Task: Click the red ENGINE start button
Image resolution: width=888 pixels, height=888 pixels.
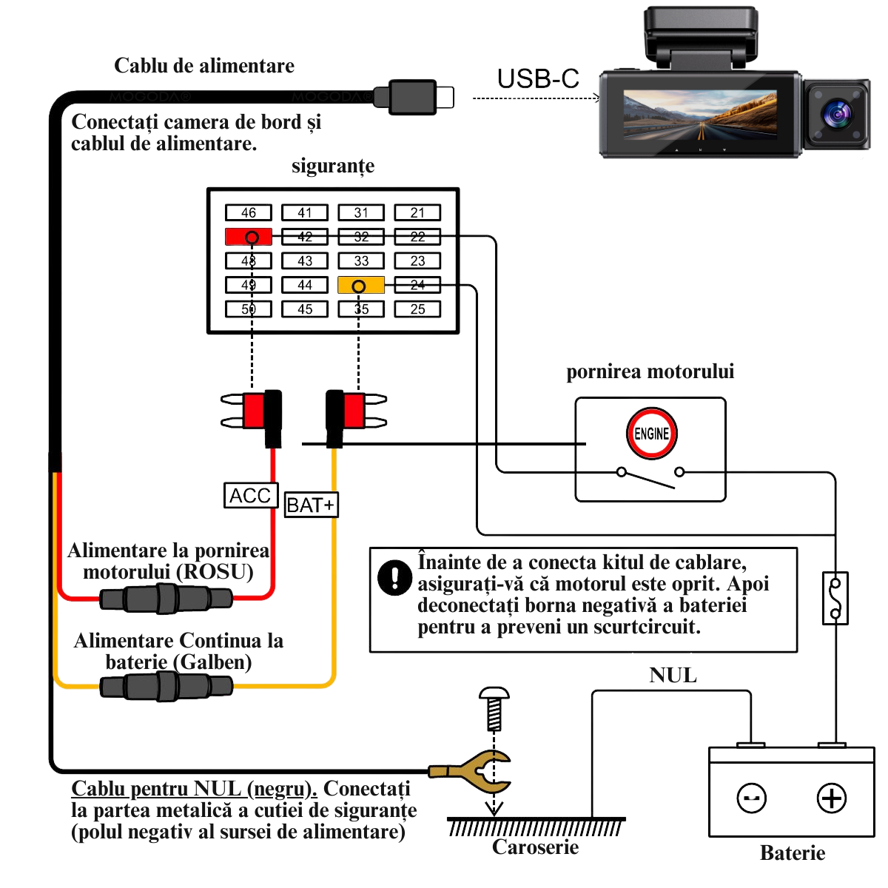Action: click(x=651, y=434)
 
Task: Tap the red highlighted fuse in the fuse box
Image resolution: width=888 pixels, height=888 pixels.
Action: click(x=249, y=237)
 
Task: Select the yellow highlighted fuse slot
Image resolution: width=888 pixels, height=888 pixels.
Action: click(x=361, y=285)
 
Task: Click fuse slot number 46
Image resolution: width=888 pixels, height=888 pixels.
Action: click(x=249, y=212)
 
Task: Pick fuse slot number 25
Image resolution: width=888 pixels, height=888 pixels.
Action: click(x=417, y=309)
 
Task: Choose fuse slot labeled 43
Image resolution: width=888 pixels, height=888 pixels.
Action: click(x=305, y=260)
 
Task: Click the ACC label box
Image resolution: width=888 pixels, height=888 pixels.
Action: click(x=251, y=495)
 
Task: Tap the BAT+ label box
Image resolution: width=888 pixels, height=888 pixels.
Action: click(x=311, y=505)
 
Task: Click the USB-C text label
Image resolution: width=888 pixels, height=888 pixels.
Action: click(x=537, y=79)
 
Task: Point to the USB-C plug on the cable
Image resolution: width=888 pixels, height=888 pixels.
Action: click(x=414, y=97)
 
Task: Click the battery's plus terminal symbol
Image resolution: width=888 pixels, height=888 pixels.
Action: click(x=831, y=798)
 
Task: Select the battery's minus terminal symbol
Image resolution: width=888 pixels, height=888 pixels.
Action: click(x=752, y=798)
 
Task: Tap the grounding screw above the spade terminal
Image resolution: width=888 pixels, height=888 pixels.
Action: click(x=494, y=708)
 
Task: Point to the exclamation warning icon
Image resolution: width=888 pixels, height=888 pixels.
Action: click(x=394, y=577)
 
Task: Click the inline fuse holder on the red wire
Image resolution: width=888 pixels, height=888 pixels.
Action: click(x=166, y=598)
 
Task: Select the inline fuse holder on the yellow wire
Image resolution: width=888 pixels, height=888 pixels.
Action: click(x=166, y=686)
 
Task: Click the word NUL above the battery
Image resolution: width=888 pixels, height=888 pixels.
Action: click(x=673, y=675)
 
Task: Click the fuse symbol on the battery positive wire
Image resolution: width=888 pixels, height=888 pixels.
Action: click(x=835, y=598)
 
